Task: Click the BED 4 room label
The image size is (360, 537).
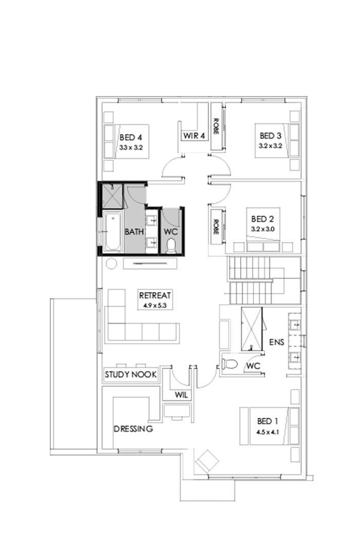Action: click(x=131, y=137)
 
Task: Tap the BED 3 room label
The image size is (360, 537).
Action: click(x=270, y=136)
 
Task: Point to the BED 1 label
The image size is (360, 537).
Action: click(x=268, y=421)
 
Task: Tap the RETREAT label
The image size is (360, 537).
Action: click(x=154, y=295)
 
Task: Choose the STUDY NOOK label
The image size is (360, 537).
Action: click(x=131, y=375)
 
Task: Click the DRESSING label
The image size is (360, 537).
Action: click(x=133, y=429)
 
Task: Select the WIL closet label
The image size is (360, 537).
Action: click(x=181, y=395)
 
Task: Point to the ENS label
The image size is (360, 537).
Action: click(x=277, y=341)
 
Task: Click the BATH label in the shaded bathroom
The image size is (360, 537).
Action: click(x=134, y=232)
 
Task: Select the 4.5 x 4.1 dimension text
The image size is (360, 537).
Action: click(x=267, y=432)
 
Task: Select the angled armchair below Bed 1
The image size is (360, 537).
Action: click(x=207, y=460)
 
